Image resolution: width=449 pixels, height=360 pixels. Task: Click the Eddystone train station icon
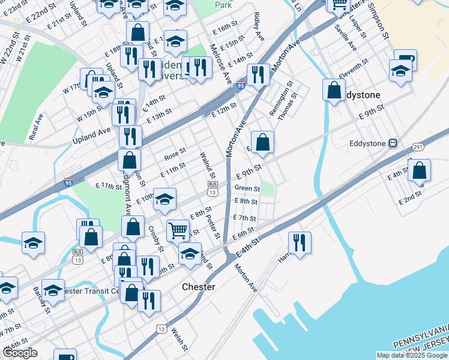[x=393, y=143]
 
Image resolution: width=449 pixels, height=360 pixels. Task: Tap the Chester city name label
[x=198, y=287]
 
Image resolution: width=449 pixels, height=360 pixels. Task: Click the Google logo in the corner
[x=20, y=353]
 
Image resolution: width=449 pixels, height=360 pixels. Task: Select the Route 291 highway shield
[x=418, y=147]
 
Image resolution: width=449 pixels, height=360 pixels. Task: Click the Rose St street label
[x=175, y=155]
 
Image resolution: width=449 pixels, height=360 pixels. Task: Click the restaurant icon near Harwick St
[x=300, y=242]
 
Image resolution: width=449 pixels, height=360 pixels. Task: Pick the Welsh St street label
[x=176, y=339]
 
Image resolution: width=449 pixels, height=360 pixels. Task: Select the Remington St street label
[x=280, y=98]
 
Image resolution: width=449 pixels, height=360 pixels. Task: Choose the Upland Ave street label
[x=92, y=135]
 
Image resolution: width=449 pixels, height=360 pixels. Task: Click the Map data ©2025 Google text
[x=412, y=355]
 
